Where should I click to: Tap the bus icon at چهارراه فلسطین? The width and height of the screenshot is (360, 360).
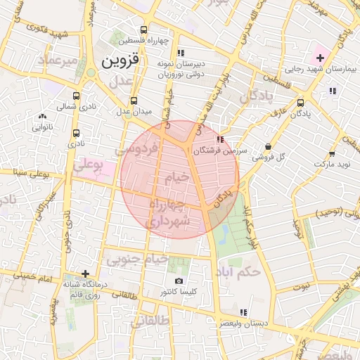tap(143, 30)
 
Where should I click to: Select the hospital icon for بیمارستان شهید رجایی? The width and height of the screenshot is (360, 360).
tap(320, 57)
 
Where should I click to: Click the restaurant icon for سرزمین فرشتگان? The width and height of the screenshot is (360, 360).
tap(221, 139)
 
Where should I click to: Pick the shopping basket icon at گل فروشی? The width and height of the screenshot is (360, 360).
tap(268, 146)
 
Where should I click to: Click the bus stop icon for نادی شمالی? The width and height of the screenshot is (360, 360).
tap(75, 96)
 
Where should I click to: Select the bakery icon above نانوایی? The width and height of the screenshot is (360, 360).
tap(43, 117)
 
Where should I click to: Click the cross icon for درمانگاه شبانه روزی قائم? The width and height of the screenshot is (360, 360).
tap(85, 274)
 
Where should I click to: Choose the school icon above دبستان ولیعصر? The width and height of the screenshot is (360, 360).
tap(243, 311)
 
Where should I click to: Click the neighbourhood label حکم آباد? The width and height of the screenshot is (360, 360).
tap(239, 271)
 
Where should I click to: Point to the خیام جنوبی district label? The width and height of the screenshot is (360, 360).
tap(138, 260)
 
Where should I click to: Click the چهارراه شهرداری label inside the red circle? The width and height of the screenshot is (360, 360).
tap(169, 212)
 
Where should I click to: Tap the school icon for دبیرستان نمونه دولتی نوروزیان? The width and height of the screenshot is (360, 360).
tap(181, 52)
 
